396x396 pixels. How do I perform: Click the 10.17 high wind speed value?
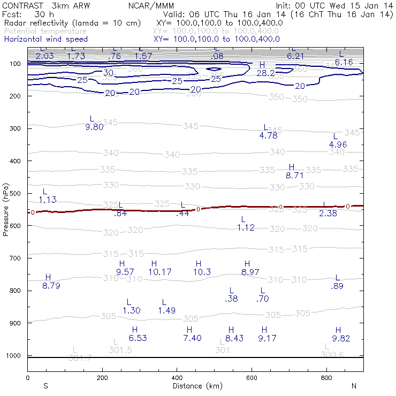(160, 272)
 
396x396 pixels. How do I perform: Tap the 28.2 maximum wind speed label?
(266, 73)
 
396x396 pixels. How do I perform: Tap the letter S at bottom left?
(46, 386)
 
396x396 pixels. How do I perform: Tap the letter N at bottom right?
(354, 386)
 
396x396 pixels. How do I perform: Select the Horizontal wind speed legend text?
(45, 39)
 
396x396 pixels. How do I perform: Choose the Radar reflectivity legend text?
(72, 24)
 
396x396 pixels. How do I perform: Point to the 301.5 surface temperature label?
(120, 350)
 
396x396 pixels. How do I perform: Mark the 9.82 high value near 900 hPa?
(341, 338)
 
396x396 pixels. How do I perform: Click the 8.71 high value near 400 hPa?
(294, 175)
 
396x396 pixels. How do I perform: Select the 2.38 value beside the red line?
(328, 213)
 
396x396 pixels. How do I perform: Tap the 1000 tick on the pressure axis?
(13, 356)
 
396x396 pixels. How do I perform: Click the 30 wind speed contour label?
(109, 73)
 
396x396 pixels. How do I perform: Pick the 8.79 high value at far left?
(51, 286)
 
